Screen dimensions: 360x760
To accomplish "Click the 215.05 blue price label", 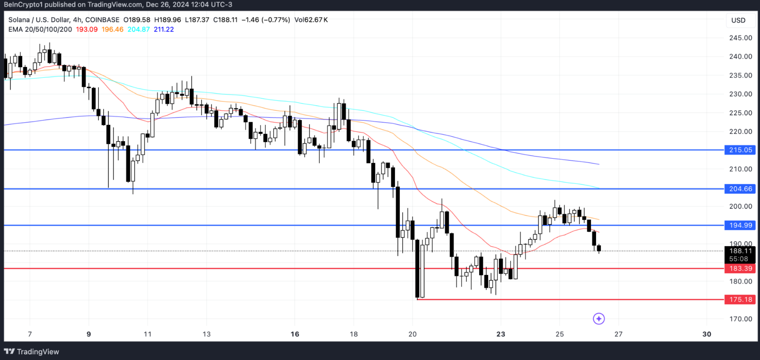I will [x=740, y=150].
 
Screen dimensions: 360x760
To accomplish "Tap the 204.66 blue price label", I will [x=740, y=189].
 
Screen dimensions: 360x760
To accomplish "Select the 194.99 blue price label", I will [x=740, y=225].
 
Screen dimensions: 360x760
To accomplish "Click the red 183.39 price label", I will [x=740, y=269].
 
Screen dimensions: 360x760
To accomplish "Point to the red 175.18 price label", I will [x=740, y=300].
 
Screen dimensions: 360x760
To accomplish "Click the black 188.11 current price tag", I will [x=740, y=251].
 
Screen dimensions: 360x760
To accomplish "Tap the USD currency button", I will [x=738, y=20].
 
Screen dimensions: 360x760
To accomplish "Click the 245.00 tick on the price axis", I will [x=741, y=38].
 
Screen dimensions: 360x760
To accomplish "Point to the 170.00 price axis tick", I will [x=741, y=319].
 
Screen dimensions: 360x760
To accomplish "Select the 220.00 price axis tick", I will [x=741, y=132].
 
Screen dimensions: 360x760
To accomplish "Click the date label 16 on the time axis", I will [x=295, y=334].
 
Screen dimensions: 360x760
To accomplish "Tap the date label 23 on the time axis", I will [x=501, y=334].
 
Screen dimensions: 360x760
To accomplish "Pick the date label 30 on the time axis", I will [x=707, y=334].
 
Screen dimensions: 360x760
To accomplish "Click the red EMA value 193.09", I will [x=87, y=30].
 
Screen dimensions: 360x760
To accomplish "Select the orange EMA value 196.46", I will [x=112, y=30].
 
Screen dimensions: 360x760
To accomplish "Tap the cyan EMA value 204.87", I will [x=139, y=30].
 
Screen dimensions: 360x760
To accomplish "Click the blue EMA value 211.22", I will [x=164, y=30].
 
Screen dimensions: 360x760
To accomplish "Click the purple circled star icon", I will [x=599, y=319].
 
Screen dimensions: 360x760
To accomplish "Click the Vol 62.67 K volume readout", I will [x=311, y=20].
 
